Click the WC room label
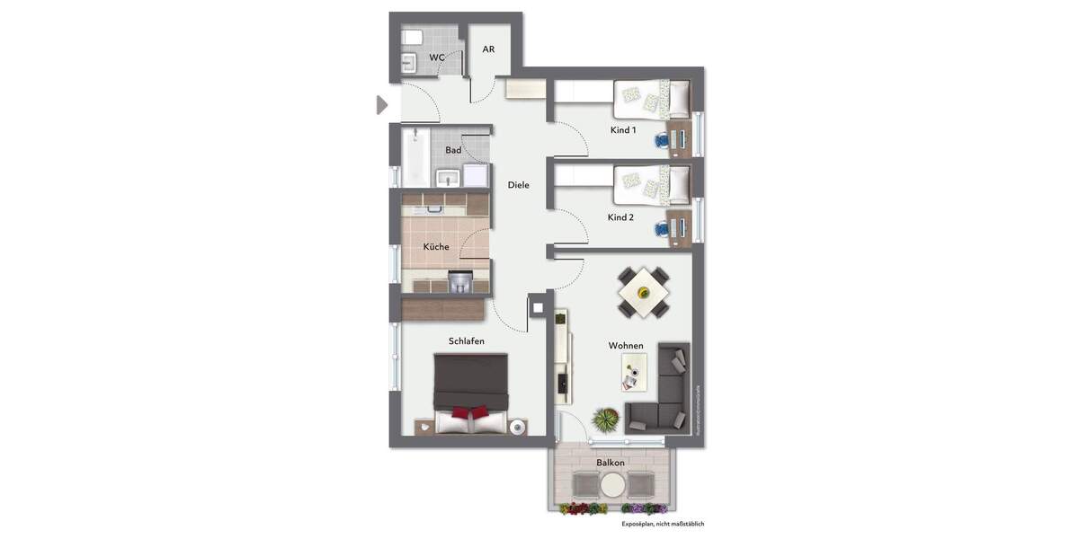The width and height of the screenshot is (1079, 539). (436, 57)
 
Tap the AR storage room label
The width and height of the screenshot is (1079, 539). (488, 49)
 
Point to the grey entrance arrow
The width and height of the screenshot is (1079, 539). (382, 105)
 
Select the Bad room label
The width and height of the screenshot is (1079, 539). (453, 150)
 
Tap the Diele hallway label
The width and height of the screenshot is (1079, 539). (518, 185)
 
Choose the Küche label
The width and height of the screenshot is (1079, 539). (436, 247)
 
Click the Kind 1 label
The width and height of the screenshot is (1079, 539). (623, 130)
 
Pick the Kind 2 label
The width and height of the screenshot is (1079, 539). (620, 217)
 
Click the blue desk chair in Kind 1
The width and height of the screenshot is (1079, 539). (663, 139)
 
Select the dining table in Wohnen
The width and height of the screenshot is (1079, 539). (643, 291)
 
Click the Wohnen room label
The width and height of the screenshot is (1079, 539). (626, 346)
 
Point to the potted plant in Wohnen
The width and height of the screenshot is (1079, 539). (606, 419)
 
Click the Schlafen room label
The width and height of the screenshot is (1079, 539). (467, 341)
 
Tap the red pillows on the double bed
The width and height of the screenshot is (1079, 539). (472, 413)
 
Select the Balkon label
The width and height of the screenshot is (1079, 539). (611, 463)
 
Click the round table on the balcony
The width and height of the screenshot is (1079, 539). (612, 486)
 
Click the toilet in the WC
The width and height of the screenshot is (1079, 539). (413, 38)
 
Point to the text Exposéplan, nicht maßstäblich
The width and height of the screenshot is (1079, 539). (663, 523)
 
